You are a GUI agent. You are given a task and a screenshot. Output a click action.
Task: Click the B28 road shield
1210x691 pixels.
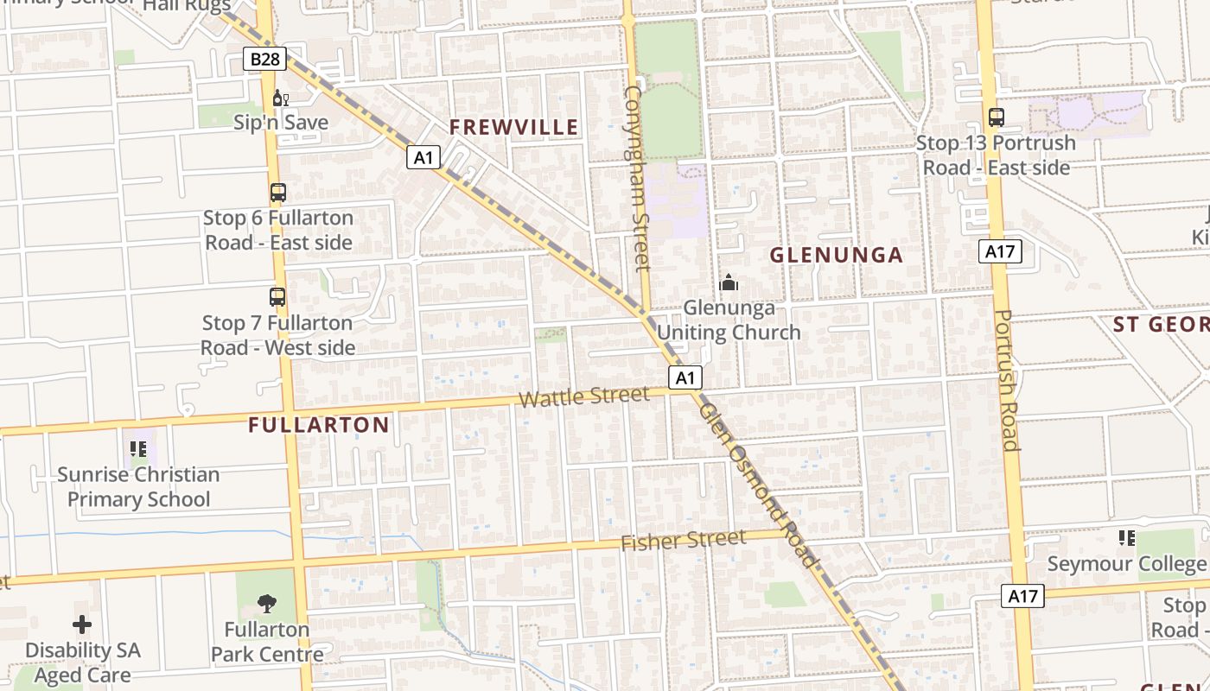click(264, 59)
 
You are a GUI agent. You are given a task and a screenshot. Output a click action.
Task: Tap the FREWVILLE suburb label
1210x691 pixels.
click(513, 127)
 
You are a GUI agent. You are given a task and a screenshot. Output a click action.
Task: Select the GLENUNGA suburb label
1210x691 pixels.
click(836, 255)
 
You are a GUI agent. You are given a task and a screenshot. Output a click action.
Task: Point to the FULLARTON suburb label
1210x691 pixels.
click(318, 425)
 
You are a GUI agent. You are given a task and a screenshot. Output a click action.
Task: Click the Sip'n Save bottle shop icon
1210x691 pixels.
click(280, 98)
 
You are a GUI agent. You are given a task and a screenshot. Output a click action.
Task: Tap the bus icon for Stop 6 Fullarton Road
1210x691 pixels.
click(277, 193)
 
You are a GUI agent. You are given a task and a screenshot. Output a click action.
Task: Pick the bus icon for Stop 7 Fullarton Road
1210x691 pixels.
click(277, 297)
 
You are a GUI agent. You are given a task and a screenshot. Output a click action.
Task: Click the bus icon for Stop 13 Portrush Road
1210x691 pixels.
click(996, 117)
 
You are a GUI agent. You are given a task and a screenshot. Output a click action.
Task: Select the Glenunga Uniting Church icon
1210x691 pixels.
click(729, 282)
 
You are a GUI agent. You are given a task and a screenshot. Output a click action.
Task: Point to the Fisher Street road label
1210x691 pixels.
click(683, 541)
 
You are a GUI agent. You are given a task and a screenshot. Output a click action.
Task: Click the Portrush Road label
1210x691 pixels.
click(1008, 380)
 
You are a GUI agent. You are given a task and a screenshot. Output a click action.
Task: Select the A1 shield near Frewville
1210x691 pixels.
click(423, 157)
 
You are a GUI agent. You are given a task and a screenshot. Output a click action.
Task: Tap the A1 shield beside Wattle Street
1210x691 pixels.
click(685, 377)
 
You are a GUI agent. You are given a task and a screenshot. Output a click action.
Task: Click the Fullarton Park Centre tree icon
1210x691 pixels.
click(267, 604)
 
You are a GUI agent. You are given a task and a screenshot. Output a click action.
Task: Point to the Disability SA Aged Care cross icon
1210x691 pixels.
click(82, 624)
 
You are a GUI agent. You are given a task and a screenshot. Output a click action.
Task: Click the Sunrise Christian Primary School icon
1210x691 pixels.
click(138, 449)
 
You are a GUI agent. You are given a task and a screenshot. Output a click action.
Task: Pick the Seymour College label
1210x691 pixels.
click(1125, 564)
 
